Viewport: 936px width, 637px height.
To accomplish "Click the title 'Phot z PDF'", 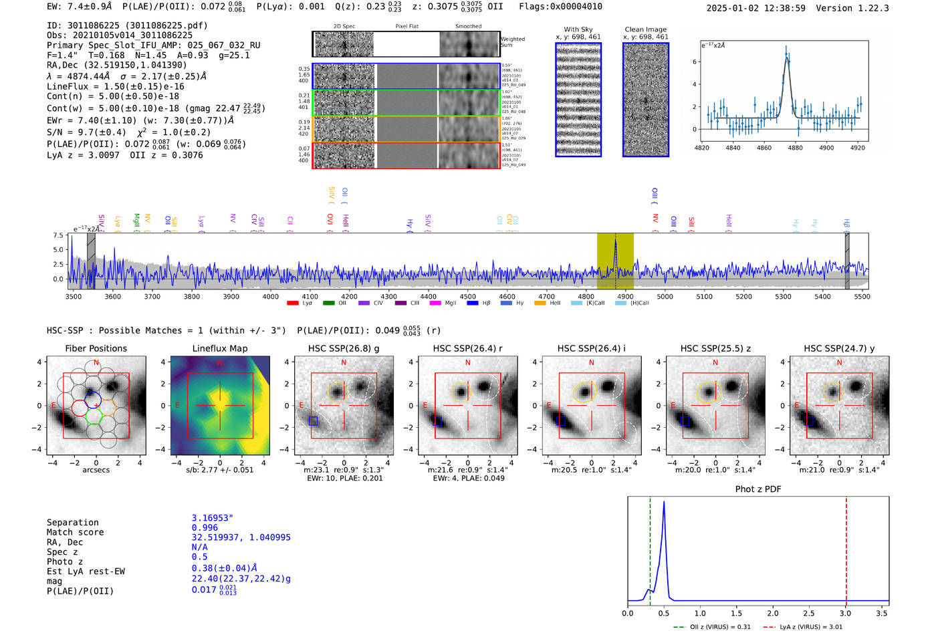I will [x=757, y=489].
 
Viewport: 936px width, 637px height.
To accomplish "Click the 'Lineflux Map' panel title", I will [x=219, y=348].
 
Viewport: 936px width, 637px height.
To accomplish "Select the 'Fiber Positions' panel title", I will [x=96, y=348].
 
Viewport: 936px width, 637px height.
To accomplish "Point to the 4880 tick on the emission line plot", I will [x=795, y=148].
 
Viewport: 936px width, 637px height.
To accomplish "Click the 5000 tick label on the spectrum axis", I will [x=665, y=296].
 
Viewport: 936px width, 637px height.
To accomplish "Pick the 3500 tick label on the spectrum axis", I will [x=74, y=296].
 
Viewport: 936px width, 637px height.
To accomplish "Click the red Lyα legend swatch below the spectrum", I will [x=292, y=303].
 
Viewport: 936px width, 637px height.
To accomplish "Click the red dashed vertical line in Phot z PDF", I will [x=846, y=548].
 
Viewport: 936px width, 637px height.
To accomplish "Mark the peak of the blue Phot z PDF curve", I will [x=663, y=502].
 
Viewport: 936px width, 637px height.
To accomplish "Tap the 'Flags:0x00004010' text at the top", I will [x=560, y=7].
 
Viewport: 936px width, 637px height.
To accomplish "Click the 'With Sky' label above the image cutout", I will [x=578, y=29].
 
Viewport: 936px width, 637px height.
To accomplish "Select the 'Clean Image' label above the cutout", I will [x=645, y=29].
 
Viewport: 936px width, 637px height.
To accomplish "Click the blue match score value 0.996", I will [x=205, y=527].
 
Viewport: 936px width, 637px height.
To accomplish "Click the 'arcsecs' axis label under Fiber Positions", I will [x=96, y=470].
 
